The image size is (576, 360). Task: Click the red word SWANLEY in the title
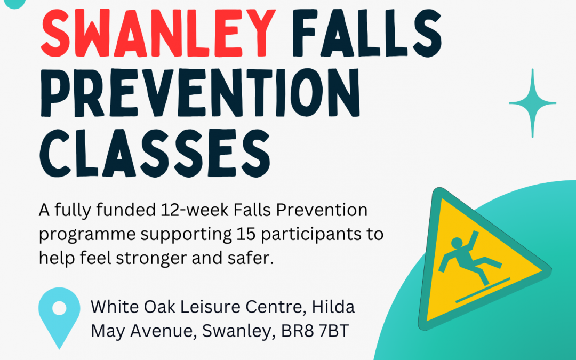coord(158,33)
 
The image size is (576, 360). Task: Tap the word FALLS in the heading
coord(367,33)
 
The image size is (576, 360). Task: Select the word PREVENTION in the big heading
coord(200,92)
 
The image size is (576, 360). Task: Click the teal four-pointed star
coord(532,103)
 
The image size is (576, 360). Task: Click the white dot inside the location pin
coord(59,308)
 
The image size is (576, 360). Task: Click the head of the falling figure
coord(457,243)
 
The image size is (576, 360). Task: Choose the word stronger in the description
coord(151,258)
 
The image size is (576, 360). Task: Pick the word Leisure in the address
coord(210,307)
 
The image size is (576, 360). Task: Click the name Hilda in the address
coord(333,307)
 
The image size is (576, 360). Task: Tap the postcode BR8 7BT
coord(315,331)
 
